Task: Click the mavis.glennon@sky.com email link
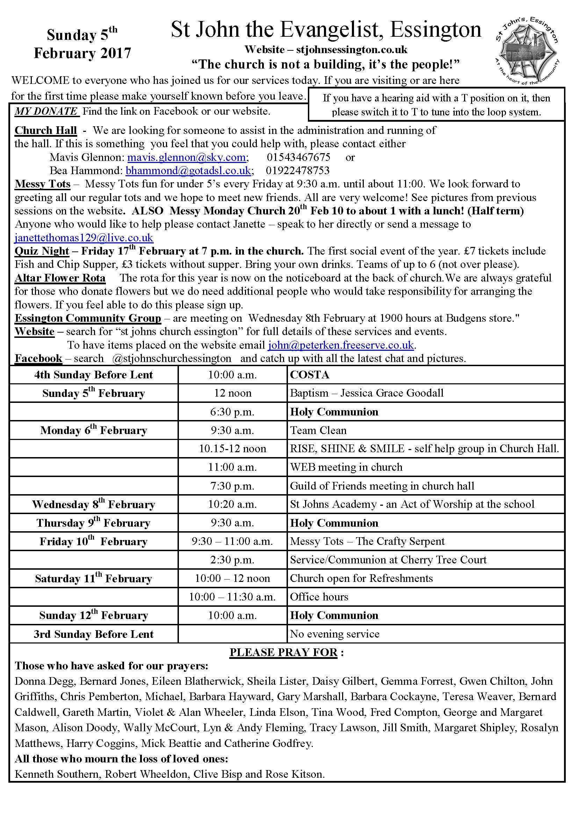[187, 157]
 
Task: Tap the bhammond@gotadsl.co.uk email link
[188, 171]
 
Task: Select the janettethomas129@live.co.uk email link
[84, 237]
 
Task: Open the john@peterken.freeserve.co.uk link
[341, 345]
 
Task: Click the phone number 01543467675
[298, 157]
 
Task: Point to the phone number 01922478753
[297, 171]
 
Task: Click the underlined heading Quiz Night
[42, 251]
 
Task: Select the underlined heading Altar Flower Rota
[60, 278]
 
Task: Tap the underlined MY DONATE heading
[46, 112]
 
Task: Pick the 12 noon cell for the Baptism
[232, 393]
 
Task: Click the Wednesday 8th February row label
[93, 505]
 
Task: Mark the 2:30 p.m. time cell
[232, 560]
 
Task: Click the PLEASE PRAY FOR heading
[283, 652]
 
